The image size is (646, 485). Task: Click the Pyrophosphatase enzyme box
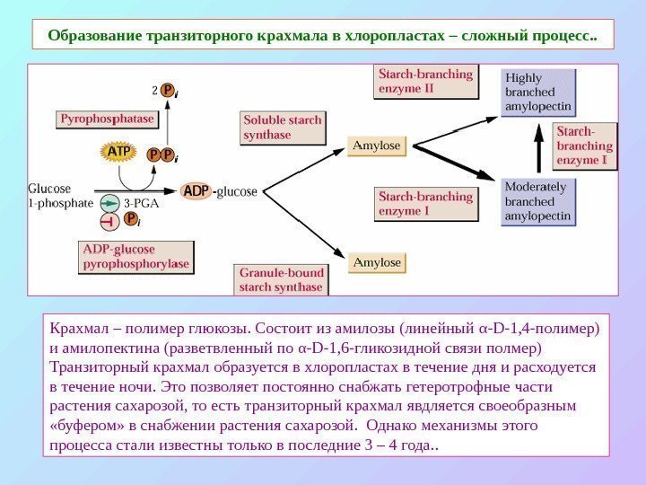pos(107,119)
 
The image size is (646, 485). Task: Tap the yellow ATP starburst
pos(118,153)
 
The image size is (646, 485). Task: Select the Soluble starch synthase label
pos(283,128)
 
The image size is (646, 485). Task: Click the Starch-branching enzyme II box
pos(425,83)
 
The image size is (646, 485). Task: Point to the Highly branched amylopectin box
pos(538,93)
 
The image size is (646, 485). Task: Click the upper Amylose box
pos(377,145)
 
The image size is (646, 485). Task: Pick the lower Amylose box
pos(377,262)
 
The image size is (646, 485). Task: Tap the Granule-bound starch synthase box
pos(281,280)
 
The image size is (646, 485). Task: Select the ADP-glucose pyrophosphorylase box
pos(136,257)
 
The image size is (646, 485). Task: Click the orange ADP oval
pos(196,191)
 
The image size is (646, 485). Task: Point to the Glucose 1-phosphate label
pos(59,196)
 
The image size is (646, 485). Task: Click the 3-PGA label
pos(141,203)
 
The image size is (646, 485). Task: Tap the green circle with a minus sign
pos(109,203)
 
